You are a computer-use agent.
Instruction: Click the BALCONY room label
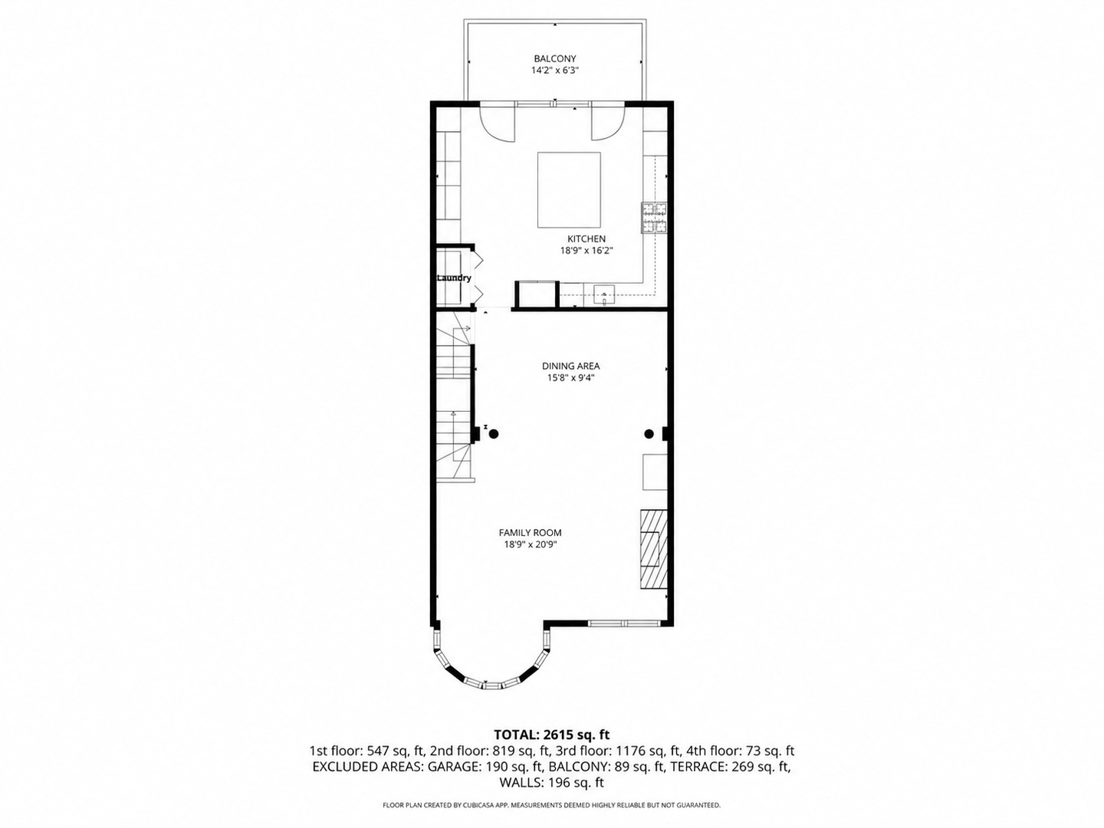[x=555, y=58]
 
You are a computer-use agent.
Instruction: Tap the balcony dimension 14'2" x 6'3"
[x=555, y=71]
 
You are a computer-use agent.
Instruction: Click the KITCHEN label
[x=586, y=238]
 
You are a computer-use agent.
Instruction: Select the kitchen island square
[x=569, y=190]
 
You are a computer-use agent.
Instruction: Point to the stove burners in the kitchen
[x=654, y=218]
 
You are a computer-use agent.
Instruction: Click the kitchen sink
[x=604, y=295]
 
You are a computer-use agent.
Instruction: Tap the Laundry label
[x=454, y=278]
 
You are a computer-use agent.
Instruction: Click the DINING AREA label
[x=571, y=366]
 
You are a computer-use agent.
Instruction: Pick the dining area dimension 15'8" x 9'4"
[x=571, y=377]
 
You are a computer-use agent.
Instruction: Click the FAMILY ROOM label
[x=530, y=532]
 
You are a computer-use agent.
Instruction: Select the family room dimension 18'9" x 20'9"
[x=530, y=544]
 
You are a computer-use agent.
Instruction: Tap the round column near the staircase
[x=494, y=433]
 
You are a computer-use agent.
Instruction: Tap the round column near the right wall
[x=649, y=433]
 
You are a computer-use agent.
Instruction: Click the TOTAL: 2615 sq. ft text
[x=552, y=734]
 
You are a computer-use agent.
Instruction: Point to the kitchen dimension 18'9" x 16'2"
[x=586, y=251]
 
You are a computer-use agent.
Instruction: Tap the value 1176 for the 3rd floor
[x=630, y=751]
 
